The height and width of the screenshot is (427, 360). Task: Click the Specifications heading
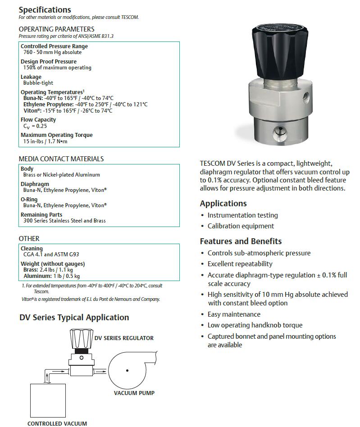[45, 9]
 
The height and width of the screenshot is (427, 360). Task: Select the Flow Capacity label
[38, 120]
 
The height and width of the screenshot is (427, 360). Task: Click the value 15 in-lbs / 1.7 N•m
[45, 141]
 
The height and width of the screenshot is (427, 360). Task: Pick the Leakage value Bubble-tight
[38, 83]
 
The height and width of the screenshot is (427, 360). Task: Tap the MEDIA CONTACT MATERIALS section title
[61, 159]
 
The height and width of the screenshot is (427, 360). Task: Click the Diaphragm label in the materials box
[35, 184]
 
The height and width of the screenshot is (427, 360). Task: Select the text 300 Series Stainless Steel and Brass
[64, 221]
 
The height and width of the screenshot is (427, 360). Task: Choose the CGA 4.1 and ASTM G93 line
[51, 254]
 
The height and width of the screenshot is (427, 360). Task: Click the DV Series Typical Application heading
[74, 318]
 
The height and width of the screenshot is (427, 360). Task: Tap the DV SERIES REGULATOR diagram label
[124, 338]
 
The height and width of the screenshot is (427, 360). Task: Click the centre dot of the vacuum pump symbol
[128, 371]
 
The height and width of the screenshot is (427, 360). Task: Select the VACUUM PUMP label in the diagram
[134, 393]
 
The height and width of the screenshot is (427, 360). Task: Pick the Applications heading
[223, 203]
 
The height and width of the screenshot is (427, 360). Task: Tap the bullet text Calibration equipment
[241, 226]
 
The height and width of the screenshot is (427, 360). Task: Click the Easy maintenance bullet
[234, 314]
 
